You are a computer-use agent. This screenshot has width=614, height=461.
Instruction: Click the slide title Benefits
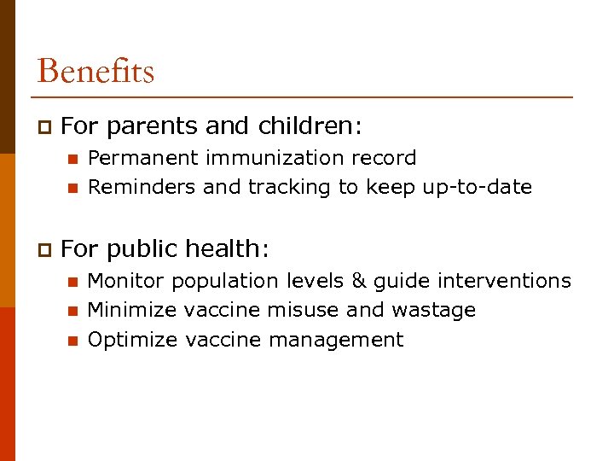(96, 71)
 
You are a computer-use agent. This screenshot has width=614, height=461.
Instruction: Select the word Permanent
(143, 158)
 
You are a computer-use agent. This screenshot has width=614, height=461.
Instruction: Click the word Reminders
(142, 187)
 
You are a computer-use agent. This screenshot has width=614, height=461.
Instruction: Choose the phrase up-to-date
(477, 187)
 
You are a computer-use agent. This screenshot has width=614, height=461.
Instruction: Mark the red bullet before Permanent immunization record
(72, 159)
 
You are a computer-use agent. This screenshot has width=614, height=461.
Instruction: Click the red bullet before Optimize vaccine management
(72, 341)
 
